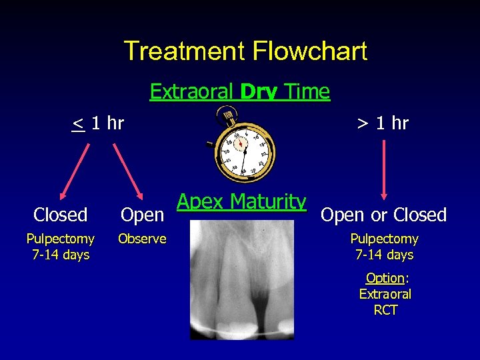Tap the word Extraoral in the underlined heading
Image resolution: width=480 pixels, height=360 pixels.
[192, 91]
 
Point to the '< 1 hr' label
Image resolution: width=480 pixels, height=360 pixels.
[98, 123]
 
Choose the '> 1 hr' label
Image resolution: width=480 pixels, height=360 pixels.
[383, 123]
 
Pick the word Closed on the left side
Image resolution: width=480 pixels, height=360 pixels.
[61, 215]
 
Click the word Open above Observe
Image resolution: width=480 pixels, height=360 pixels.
[142, 215]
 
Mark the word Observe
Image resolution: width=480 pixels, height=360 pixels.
[142, 239]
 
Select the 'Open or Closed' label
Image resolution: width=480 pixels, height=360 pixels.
[383, 215]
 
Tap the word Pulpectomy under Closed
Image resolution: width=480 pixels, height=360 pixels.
[61, 239]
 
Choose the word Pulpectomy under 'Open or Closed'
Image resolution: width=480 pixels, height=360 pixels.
[385, 239]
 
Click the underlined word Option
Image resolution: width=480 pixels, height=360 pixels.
[385, 278]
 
